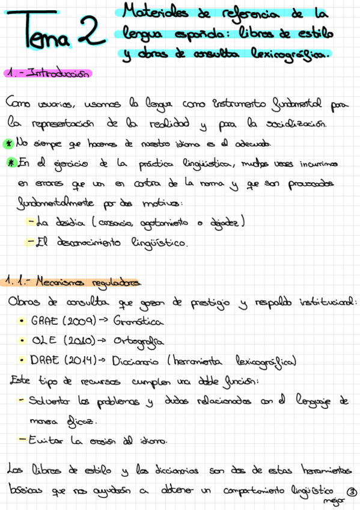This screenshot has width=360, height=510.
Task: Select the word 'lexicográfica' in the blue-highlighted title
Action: (294, 55)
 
